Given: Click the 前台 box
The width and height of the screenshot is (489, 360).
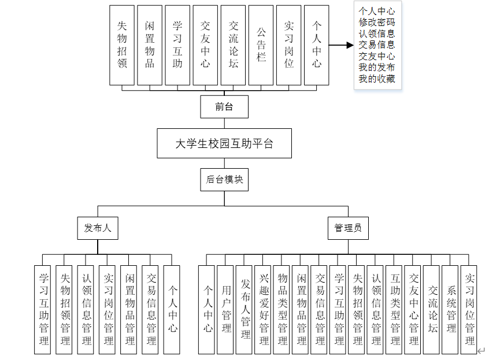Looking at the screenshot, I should (x=224, y=107).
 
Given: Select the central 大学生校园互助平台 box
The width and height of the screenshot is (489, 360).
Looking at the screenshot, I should (x=224, y=144).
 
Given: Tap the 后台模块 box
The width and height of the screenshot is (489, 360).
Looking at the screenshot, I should (x=224, y=179).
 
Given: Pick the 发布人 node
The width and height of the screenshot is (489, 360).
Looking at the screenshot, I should (x=97, y=228).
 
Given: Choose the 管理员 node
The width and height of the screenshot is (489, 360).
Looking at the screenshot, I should (x=348, y=228).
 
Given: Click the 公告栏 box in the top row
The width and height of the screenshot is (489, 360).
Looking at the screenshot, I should (x=261, y=46).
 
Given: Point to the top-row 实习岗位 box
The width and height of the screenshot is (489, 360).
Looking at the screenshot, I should (x=289, y=46).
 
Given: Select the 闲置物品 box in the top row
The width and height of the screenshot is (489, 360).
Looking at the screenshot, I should (x=150, y=46).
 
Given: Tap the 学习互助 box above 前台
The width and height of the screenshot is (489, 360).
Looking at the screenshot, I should (x=177, y=46).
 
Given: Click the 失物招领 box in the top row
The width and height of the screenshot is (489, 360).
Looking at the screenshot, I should (x=122, y=46).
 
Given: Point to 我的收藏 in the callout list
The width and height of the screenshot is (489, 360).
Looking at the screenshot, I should (x=377, y=79).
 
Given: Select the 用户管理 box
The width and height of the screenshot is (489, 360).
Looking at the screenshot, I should (x=226, y=309).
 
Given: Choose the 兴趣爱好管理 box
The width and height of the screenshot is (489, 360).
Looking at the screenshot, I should (x=264, y=309).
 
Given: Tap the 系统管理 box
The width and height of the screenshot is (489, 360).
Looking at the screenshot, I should (x=451, y=309).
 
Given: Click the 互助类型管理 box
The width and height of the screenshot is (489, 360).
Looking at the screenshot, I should (x=395, y=309).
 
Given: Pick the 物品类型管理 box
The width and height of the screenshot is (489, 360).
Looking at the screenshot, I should (x=282, y=309).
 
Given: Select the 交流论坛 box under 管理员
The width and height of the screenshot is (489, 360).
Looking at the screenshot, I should (x=432, y=309).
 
